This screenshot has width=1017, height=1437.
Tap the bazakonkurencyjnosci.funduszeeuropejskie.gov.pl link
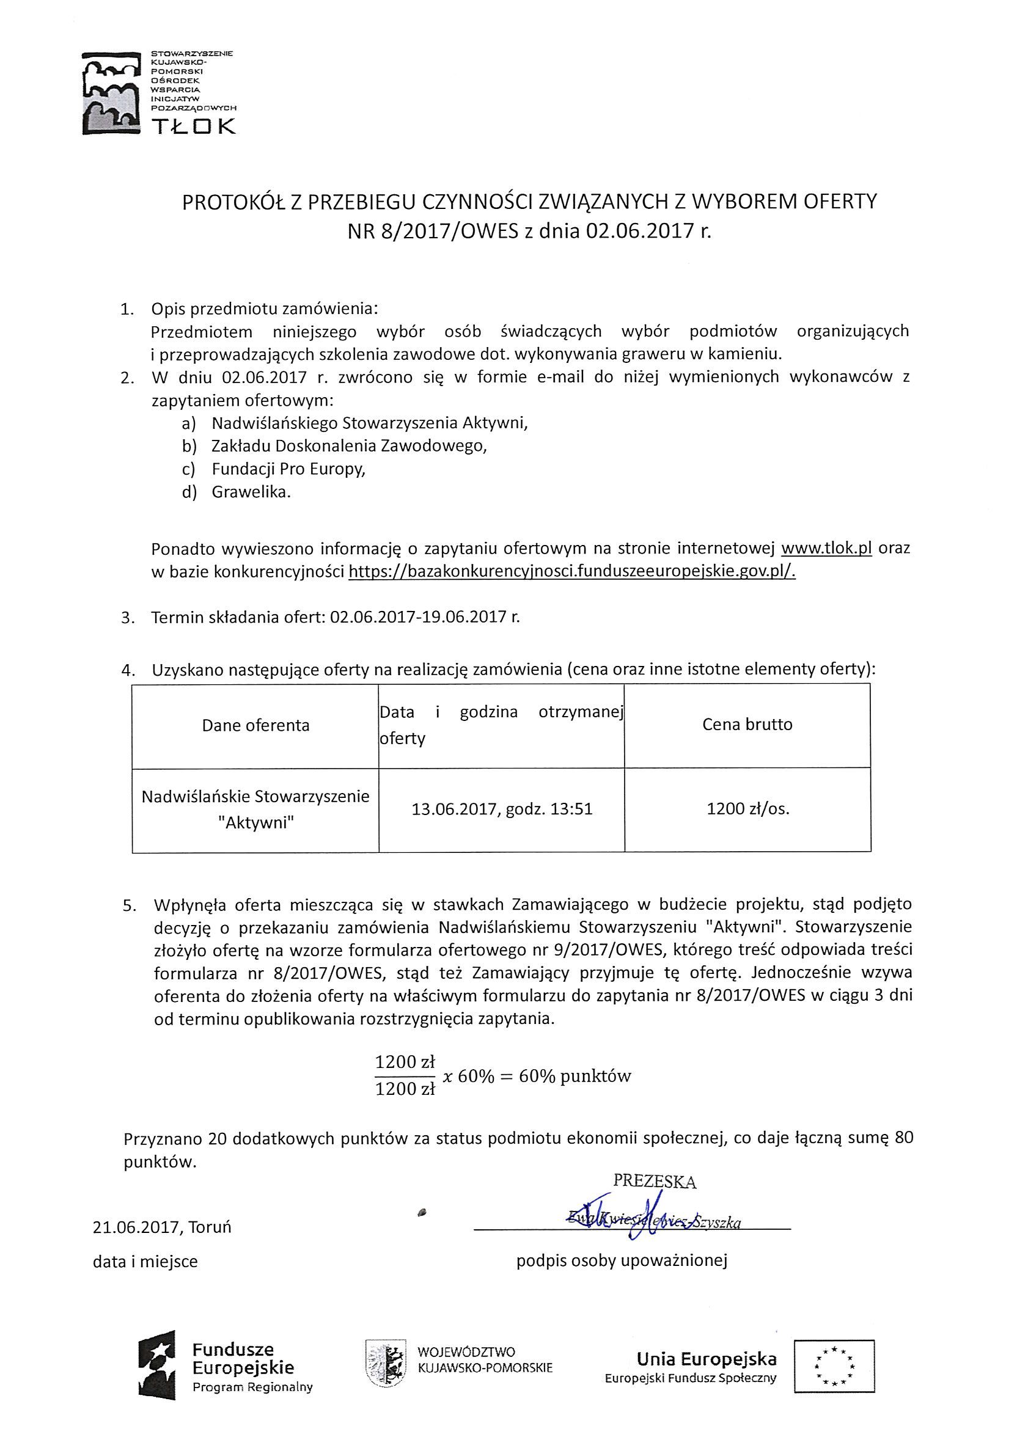(x=571, y=571)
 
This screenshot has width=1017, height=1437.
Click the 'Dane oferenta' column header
(x=255, y=725)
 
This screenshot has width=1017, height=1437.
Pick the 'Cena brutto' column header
(x=747, y=725)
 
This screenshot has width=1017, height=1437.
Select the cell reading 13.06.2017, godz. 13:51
(x=502, y=810)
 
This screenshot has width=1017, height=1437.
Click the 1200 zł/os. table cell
(x=747, y=809)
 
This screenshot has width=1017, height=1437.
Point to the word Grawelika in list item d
(x=251, y=492)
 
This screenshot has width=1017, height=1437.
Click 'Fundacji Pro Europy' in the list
(x=288, y=469)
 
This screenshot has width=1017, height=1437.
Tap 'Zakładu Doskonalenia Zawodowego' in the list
(x=349, y=446)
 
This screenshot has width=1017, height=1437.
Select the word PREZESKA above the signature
(x=655, y=1181)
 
